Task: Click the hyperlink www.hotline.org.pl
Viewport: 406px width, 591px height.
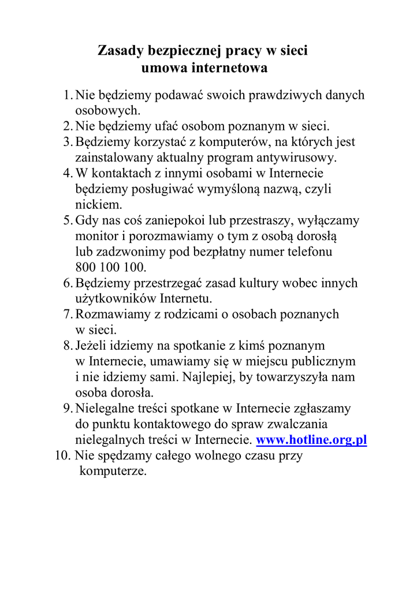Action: click(x=311, y=440)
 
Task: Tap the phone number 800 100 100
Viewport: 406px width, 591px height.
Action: click(x=111, y=268)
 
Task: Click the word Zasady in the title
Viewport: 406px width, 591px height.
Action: click(x=118, y=51)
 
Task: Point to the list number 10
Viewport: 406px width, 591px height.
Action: click(x=62, y=455)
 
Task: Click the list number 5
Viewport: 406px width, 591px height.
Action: click(x=66, y=220)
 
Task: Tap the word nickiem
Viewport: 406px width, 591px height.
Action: click(x=98, y=205)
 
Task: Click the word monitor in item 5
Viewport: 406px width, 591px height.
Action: click(x=95, y=236)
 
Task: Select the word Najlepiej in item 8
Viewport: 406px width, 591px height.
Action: click(x=207, y=377)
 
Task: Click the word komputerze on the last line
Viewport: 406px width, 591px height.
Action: click(x=113, y=471)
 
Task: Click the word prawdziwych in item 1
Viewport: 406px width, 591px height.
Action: click(x=280, y=95)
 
